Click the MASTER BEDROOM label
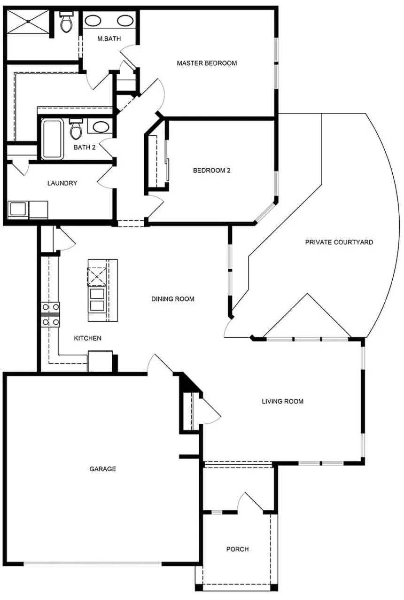coord(206,63)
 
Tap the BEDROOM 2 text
coord(211,171)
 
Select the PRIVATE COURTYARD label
coord(339,242)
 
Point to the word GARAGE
coord(102,469)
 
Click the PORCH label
coord(237,549)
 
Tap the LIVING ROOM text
coord(282,401)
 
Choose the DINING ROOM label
coord(172,299)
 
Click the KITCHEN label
coord(88,338)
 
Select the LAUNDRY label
coord(62,183)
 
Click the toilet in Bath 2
coord(76,130)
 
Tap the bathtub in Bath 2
coord(52,139)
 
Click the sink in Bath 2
coord(100,126)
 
